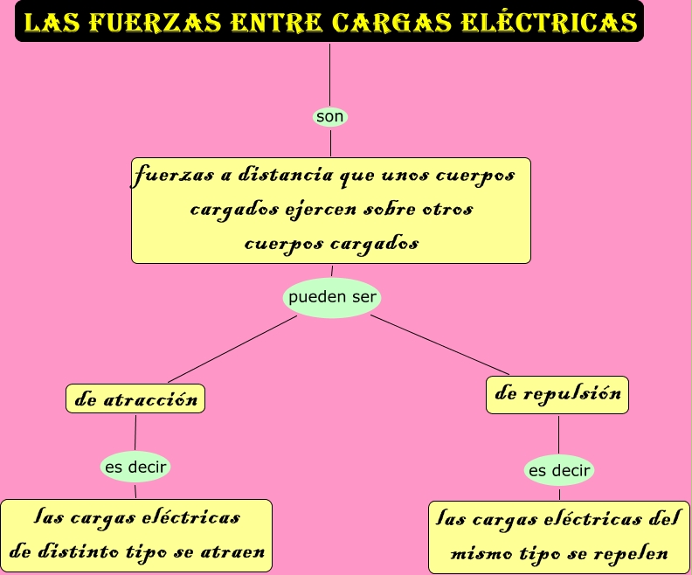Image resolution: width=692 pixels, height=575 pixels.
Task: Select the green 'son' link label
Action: tap(330, 116)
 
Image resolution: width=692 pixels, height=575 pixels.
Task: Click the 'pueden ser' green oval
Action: tap(332, 297)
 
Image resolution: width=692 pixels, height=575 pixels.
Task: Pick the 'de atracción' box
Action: tap(135, 399)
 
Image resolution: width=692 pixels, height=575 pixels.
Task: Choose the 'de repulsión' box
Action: tap(557, 394)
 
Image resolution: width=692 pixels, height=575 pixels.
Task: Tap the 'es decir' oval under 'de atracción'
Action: tap(135, 467)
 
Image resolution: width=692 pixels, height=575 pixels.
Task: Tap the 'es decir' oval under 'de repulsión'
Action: tap(559, 471)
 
